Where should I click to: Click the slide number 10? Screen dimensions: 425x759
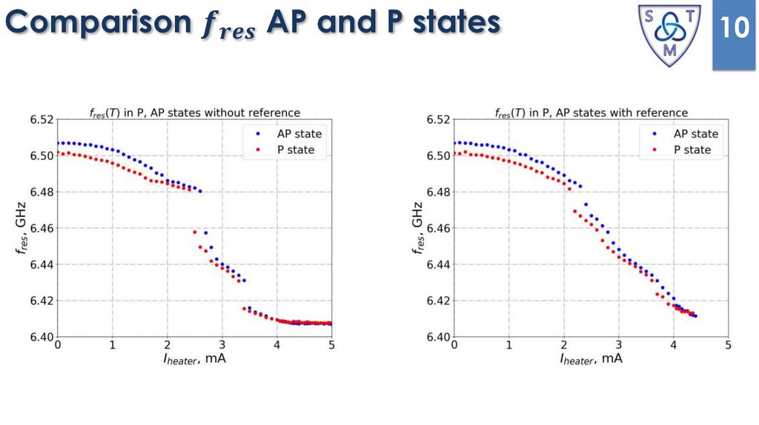click(735, 29)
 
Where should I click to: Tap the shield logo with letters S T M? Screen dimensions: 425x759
click(670, 34)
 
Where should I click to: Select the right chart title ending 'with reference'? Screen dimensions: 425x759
click(591, 113)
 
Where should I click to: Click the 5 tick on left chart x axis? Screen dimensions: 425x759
click(331, 346)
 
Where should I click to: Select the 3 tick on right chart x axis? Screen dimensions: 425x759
click(618, 346)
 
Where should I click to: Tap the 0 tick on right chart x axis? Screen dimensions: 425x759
click(454, 346)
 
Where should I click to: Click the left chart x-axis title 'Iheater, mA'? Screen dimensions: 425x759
click(195, 360)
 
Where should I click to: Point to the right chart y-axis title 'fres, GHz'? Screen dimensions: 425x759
click(419, 228)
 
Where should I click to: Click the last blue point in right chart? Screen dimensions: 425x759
click(695, 316)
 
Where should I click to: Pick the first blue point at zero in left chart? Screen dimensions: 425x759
click(58, 143)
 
